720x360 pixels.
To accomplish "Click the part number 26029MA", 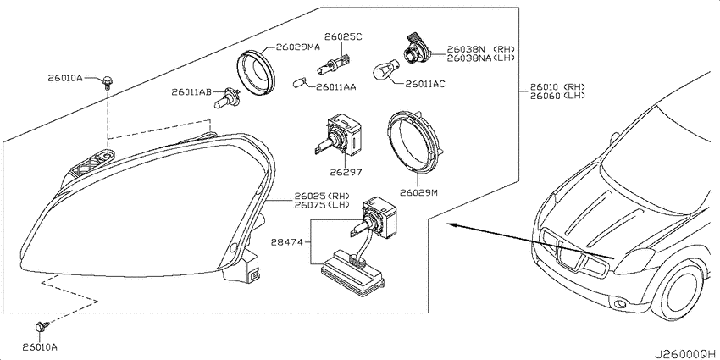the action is pos(297,47).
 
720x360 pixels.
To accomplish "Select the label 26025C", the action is pos(343,36).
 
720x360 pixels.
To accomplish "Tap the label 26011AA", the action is pos(336,86).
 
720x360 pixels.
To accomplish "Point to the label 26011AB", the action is pos(191,91).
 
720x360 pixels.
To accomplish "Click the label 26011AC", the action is pos(424,84).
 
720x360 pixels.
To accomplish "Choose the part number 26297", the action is pos(346,173).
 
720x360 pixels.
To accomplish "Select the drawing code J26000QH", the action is pos(685,354).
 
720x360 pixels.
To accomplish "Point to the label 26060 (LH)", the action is pos(558,96).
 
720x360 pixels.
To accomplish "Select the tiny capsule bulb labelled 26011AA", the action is pos(299,83).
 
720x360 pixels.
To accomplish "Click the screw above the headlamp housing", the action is pos(108,82).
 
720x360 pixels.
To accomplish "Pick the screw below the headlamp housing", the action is pos(42,328).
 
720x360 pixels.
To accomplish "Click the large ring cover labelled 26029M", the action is pos(415,143).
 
